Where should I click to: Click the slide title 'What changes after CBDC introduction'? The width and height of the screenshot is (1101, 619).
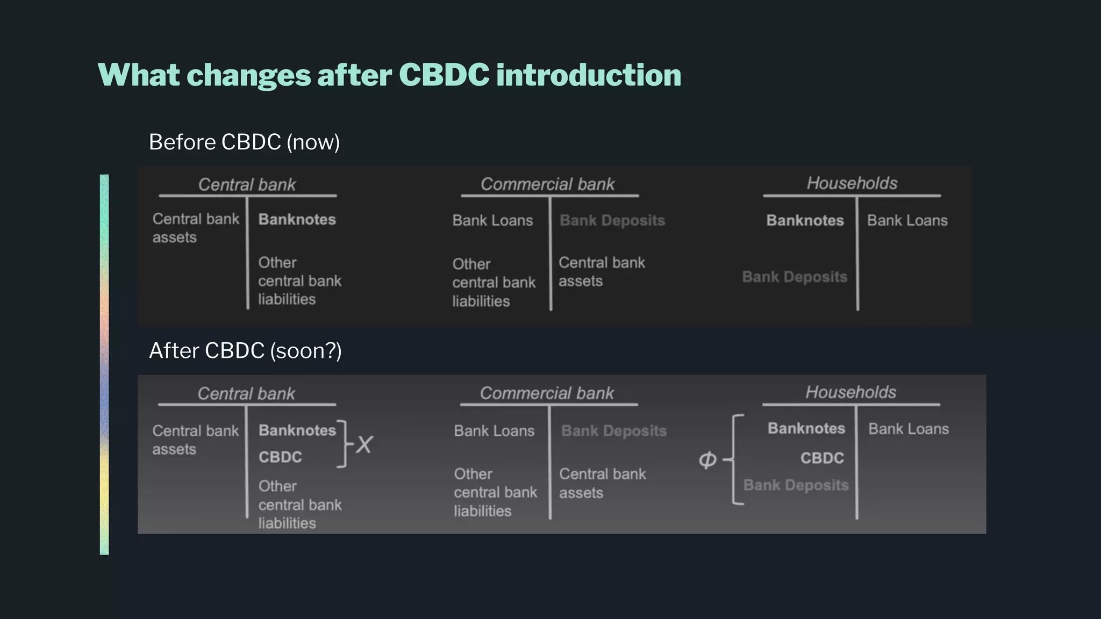pos(389,75)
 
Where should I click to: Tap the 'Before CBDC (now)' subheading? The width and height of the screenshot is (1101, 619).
pos(244,142)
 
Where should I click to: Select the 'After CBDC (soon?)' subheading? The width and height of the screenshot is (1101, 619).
pos(245,351)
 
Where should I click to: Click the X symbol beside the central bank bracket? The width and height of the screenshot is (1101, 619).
pos(364,445)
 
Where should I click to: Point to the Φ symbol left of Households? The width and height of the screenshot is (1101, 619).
pos(707,459)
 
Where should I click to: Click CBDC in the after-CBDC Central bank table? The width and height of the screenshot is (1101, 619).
pos(280,457)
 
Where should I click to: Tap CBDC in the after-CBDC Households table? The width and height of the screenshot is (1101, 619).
pos(822,458)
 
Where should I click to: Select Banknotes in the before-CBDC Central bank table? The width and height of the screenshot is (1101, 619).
pos(297,220)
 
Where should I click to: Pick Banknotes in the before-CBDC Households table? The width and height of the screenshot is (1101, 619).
pos(805,220)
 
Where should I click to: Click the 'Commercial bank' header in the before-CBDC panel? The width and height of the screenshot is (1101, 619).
pos(547,184)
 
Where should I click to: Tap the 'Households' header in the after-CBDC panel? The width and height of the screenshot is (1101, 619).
pos(850,392)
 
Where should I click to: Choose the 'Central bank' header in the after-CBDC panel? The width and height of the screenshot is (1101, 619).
pos(246,394)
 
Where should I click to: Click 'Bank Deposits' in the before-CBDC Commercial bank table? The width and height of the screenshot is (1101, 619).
pos(612,220)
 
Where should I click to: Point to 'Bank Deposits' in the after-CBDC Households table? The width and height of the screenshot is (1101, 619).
pos(796,485)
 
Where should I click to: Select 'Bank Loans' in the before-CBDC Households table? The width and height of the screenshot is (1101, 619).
pos(907,220)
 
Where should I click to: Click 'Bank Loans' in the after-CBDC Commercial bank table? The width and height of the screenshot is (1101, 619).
pos(494,431)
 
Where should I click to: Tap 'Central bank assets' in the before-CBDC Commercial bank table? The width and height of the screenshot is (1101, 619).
pos(602,272)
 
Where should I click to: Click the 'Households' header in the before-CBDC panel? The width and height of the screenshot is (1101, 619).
pos(852,183)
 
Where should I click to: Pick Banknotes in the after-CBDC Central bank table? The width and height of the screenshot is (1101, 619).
pos(297,430)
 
